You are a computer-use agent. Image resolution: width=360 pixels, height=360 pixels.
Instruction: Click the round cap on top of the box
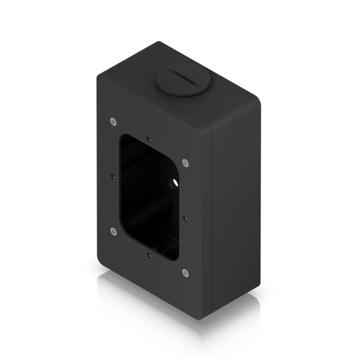tap(180, 79)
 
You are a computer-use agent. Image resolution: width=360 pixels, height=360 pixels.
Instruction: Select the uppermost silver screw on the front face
tap(113, 122)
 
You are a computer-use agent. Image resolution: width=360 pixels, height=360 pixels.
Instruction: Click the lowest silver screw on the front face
tap(185, 273)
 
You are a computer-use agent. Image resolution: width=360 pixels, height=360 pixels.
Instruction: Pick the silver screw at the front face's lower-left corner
tap(113, 231)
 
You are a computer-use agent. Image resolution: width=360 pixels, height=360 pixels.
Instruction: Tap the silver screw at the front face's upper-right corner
tap(185, 162)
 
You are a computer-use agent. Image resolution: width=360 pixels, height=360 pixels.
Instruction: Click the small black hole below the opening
tap(149, 254)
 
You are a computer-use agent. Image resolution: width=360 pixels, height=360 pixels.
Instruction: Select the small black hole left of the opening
tap(113, 178)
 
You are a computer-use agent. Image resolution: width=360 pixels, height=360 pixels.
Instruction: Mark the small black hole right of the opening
tap(185, 217)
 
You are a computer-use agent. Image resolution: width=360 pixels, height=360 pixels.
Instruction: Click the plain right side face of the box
tap(236, 203)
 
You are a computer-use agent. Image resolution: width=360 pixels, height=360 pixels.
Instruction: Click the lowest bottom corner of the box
tap(205, 317)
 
